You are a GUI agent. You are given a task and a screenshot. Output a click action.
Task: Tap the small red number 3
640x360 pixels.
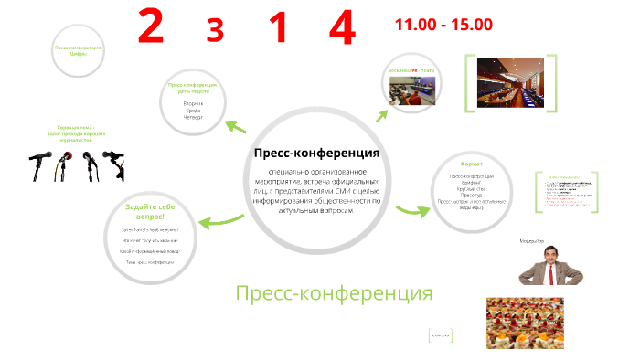pyautogui.click(x=215, y=31)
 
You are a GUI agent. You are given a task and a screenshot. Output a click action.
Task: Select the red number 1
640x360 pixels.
pyautogui.click(x=278, y=27)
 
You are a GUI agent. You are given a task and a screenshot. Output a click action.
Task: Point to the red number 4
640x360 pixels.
pyautogui.click(x=341, y=28)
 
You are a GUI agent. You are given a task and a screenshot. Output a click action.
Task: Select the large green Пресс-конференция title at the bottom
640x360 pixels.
pyautogui.click(x=333, y=293)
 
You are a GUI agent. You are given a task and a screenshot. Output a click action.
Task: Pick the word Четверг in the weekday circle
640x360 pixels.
pyautogui.click(x=192, y=117)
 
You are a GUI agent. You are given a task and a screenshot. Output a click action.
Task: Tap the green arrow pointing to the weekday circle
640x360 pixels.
pyautogui.click(x=236, y=126)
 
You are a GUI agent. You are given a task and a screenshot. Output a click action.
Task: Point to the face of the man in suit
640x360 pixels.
pyautogui.click(x=539, y=258)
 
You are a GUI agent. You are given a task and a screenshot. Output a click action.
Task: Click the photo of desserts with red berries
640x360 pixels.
pyautogui.click(x=523, y=322)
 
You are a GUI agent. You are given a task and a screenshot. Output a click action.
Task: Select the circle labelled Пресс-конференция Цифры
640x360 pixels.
pyautogui.click(x=78, y=51)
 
